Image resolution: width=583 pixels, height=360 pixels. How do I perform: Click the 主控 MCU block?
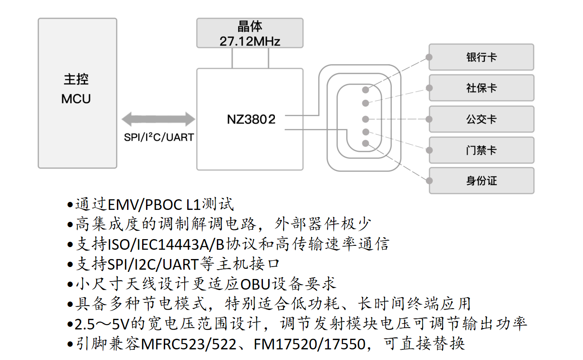77,93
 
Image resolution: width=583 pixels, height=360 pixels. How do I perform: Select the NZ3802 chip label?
251,119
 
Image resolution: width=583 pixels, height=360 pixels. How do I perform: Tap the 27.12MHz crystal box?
250,33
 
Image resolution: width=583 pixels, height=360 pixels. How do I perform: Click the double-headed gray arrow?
158,119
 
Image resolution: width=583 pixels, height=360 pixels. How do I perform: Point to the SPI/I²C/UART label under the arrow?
159,137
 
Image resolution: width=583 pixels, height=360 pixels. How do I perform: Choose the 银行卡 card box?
481,57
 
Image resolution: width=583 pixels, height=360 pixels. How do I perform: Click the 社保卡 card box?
481,88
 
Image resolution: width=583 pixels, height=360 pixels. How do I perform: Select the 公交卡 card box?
481,119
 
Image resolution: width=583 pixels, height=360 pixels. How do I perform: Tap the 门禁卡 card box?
481,150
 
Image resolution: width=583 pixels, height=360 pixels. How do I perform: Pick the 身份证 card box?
481,181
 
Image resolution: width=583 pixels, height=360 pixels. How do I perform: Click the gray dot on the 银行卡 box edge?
429,57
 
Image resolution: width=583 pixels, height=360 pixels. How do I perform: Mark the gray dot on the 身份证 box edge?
429,181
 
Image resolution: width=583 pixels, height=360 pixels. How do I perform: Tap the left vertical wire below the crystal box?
232,58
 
